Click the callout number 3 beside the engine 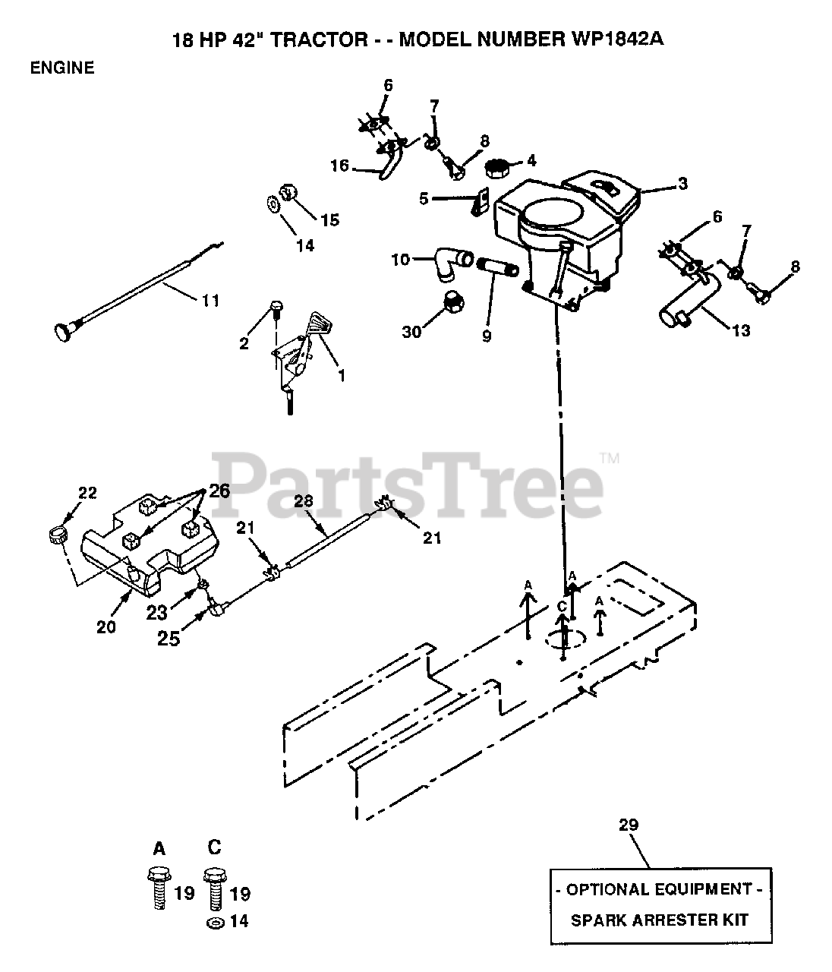point(682,183)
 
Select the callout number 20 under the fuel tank point(106,626)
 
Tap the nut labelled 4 point(498,166)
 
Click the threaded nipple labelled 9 point(497,268)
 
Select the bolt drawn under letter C point(214,885)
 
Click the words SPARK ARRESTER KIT point(659,920)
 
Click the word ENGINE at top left point(62,68)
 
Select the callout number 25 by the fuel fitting point(169,639)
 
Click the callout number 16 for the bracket point(340,165)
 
